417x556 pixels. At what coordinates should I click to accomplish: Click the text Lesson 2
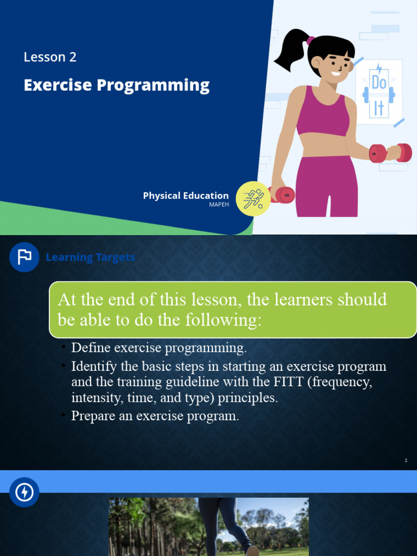click(50, 57)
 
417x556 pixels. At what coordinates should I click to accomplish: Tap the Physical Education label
click(186, 195)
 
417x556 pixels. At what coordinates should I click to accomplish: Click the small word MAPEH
click(219, 205)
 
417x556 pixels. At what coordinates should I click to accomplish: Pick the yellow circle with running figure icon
click(253, 199)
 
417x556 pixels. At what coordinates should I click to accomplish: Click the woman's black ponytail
click(291, 52)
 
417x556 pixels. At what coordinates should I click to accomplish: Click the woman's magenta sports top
click(323, 113)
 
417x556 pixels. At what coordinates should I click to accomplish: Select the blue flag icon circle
click(24, 257)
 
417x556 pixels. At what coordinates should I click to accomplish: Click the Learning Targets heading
click(90, 257)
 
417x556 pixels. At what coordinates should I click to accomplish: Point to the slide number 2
click(406, 460)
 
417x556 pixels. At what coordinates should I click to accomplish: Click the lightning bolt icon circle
click(24, 492)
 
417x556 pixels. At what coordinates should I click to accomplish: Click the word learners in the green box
click(315, 299)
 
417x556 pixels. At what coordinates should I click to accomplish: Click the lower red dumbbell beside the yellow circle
click(283, 195)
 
